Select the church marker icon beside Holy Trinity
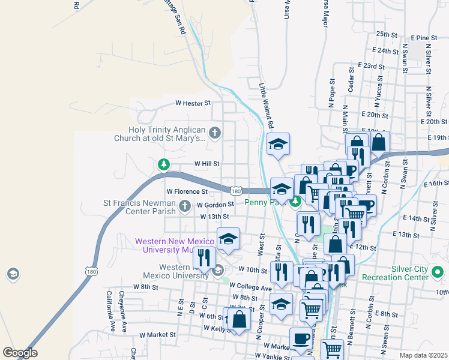click(x=215, y=131)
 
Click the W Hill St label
click(x=207, y=163)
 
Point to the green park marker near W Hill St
click(x=163, y=164)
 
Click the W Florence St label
click(x=187, y=191)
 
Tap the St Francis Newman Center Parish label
click(x=140, y=207)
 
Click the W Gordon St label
click(x=215, y=205)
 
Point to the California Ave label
click(x=110, y=311)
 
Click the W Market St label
click(x=157, y=335)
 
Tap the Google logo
click(x=20, y=353)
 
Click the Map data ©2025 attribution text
click(x=423, y=355)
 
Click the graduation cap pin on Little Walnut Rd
click(x=279, y=144)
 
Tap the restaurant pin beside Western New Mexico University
click(x=204, y=258)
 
